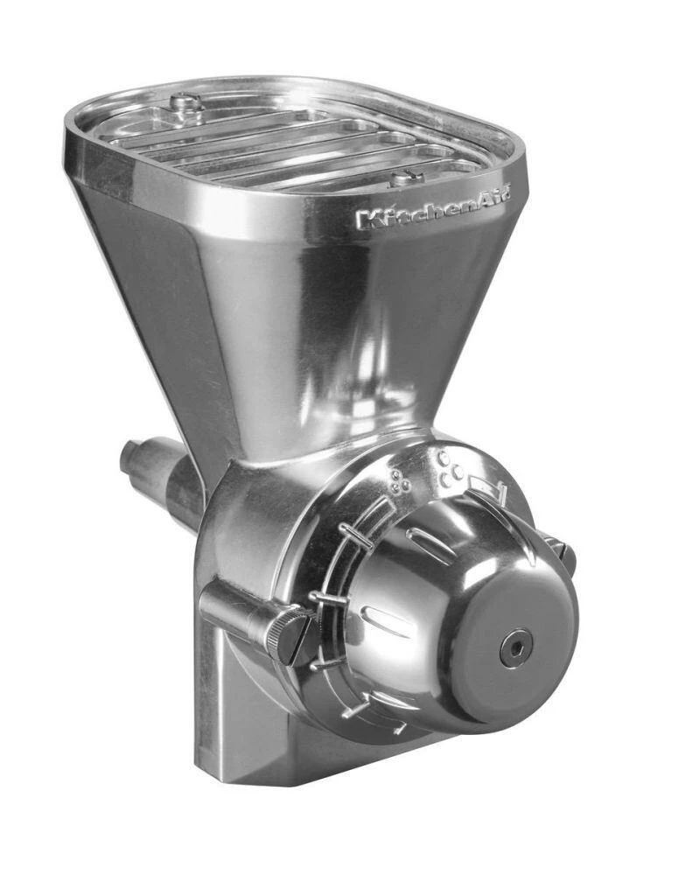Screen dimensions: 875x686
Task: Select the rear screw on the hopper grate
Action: pyautogui.click(x=186, y=102)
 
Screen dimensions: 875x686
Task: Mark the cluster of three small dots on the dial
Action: pyautogui.click(x=402, y=479)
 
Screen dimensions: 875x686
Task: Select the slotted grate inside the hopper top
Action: pyautogui.click(x=289, y=140)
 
